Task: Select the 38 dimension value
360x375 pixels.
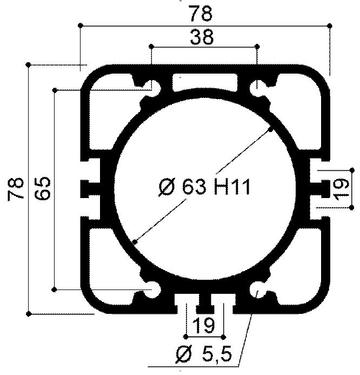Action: (202, 37)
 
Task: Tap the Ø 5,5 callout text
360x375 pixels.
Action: (204, 355)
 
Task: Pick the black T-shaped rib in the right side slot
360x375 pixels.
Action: (321, 188)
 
